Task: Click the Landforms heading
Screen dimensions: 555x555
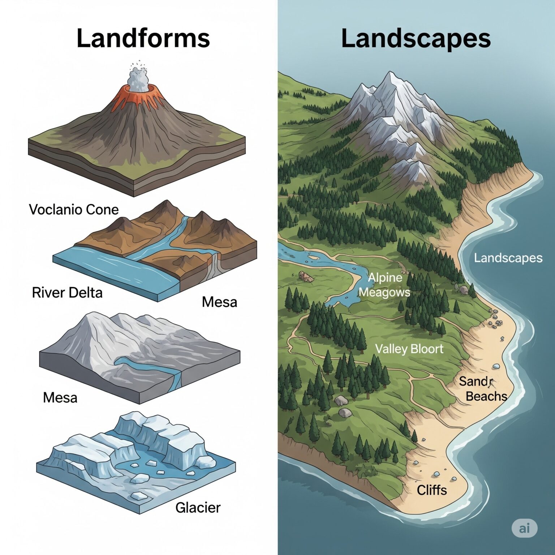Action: click(143, 38)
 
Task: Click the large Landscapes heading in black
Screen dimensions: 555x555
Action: click(416, 38)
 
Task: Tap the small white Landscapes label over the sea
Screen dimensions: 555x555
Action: click(508, 258)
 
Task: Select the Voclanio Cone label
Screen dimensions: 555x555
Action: click(74, 210)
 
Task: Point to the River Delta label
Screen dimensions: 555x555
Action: click(67, 292)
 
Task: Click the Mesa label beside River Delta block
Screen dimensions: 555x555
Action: click(219, 302)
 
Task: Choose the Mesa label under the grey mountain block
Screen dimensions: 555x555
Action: click(60, 397)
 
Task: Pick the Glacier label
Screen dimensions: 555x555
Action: click(198, 508)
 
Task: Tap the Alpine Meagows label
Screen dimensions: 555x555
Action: click(385, 285)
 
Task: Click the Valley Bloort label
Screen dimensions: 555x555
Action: click(409, 349)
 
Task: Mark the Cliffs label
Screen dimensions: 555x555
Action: click(432, 490)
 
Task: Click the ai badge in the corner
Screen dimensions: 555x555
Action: click(524, 528)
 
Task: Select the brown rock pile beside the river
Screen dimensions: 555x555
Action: click(306, 277)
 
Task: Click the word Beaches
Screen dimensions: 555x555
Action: click(486, 396)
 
